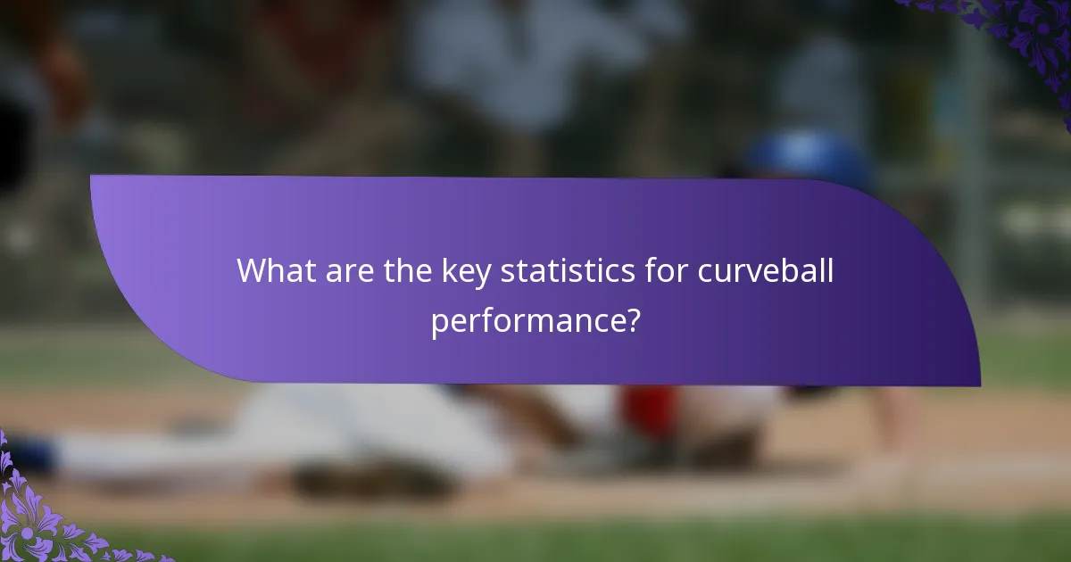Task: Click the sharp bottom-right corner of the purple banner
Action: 979,385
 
